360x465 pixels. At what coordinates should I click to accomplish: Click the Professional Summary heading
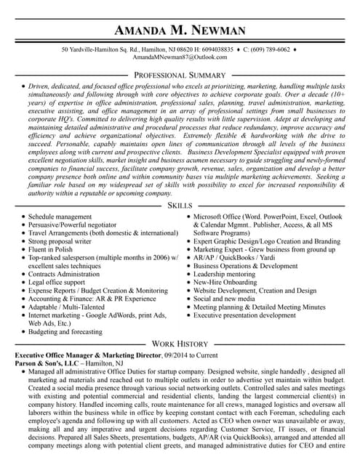click(x=180, y=75)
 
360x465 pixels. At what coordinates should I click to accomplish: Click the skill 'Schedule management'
click(x=60, y=217)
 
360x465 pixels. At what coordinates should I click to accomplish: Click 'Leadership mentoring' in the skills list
click(x=225, y=274)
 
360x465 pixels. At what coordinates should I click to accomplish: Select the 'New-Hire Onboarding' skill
click(x=225, y=282)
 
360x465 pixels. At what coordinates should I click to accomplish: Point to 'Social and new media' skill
click(x=224, y=299)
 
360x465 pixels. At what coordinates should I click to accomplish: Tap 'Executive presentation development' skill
click(x=244, y=315)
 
